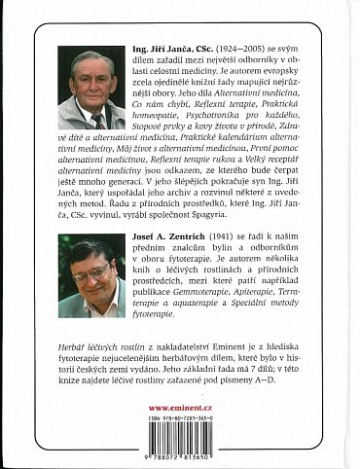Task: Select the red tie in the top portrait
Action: (x=97, y=120)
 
